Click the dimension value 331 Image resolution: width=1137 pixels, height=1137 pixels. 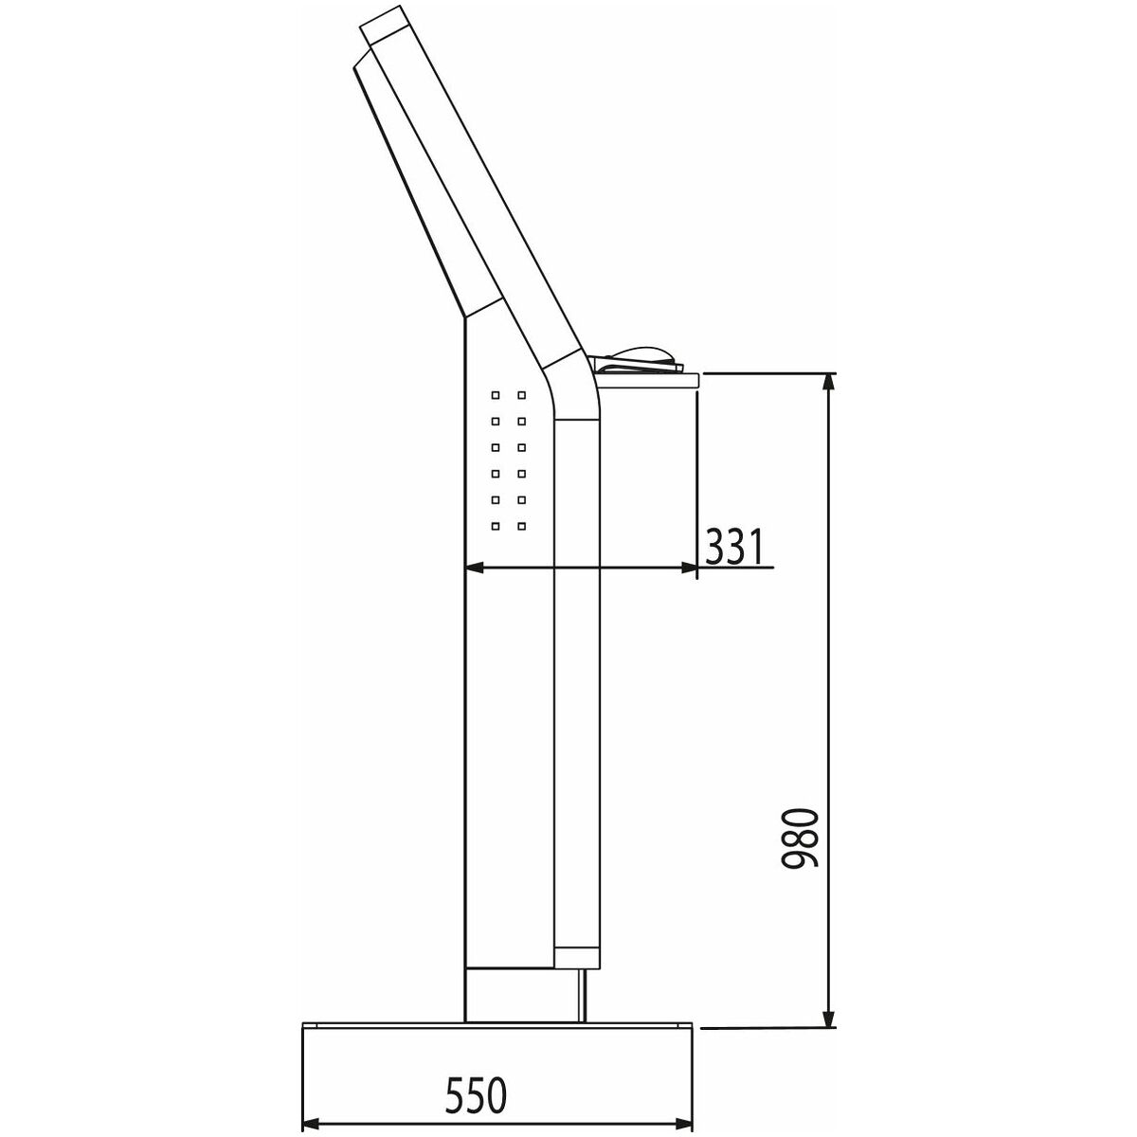pyautogui.click(x=734, y=547)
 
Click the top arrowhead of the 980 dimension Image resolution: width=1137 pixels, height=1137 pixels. pyautogui.click(x=829, y=384)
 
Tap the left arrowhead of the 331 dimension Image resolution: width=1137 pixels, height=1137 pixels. pyautogui.click(x=476, y=568)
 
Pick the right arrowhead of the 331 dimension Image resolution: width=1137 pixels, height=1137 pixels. pyautogui.click(x=687, y=568)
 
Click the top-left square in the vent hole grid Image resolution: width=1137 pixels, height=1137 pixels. pyautogui.click(x=496, y=395)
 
